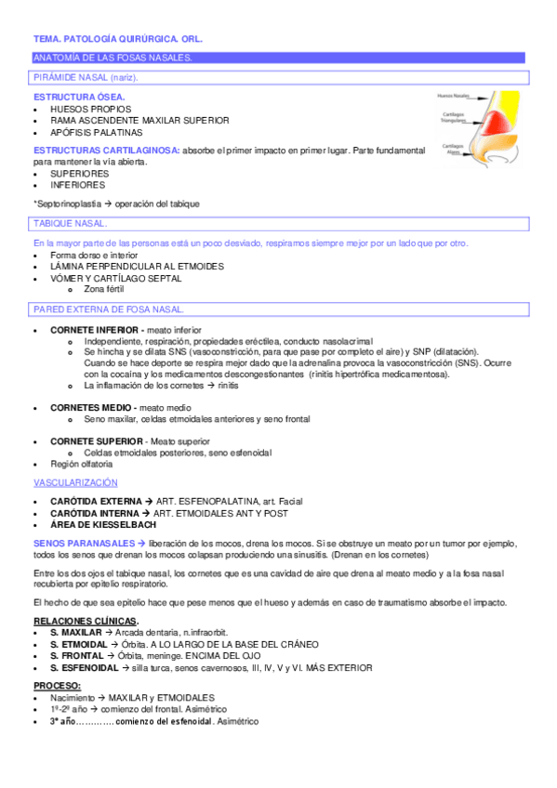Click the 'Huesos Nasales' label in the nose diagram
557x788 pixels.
point(453,95)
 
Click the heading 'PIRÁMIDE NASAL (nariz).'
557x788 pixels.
point(78,77)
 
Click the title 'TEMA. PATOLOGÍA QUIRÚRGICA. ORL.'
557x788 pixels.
point(117,40)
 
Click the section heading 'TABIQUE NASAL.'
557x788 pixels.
point(69,224)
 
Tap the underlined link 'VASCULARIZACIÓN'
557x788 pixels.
point(75,483)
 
